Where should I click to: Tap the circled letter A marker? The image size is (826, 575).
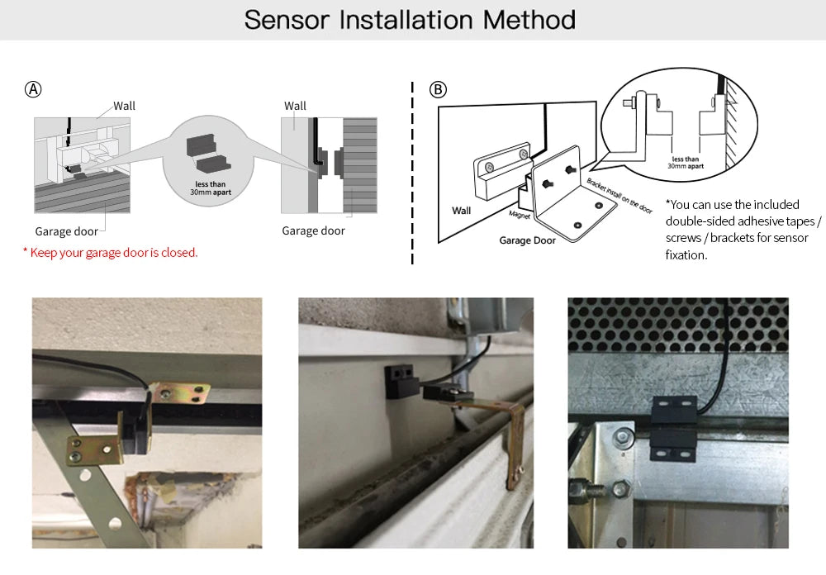34,90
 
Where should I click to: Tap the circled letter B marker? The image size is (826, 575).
438,90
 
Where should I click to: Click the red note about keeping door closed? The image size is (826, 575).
111,253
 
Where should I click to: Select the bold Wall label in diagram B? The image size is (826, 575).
461,211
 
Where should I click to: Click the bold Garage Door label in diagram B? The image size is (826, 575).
527,240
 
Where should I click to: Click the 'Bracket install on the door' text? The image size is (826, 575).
619,195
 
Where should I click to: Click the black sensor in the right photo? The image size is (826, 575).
674,427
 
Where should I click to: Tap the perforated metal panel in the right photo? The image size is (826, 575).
677,322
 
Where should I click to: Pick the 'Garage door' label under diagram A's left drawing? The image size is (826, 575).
66,231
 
